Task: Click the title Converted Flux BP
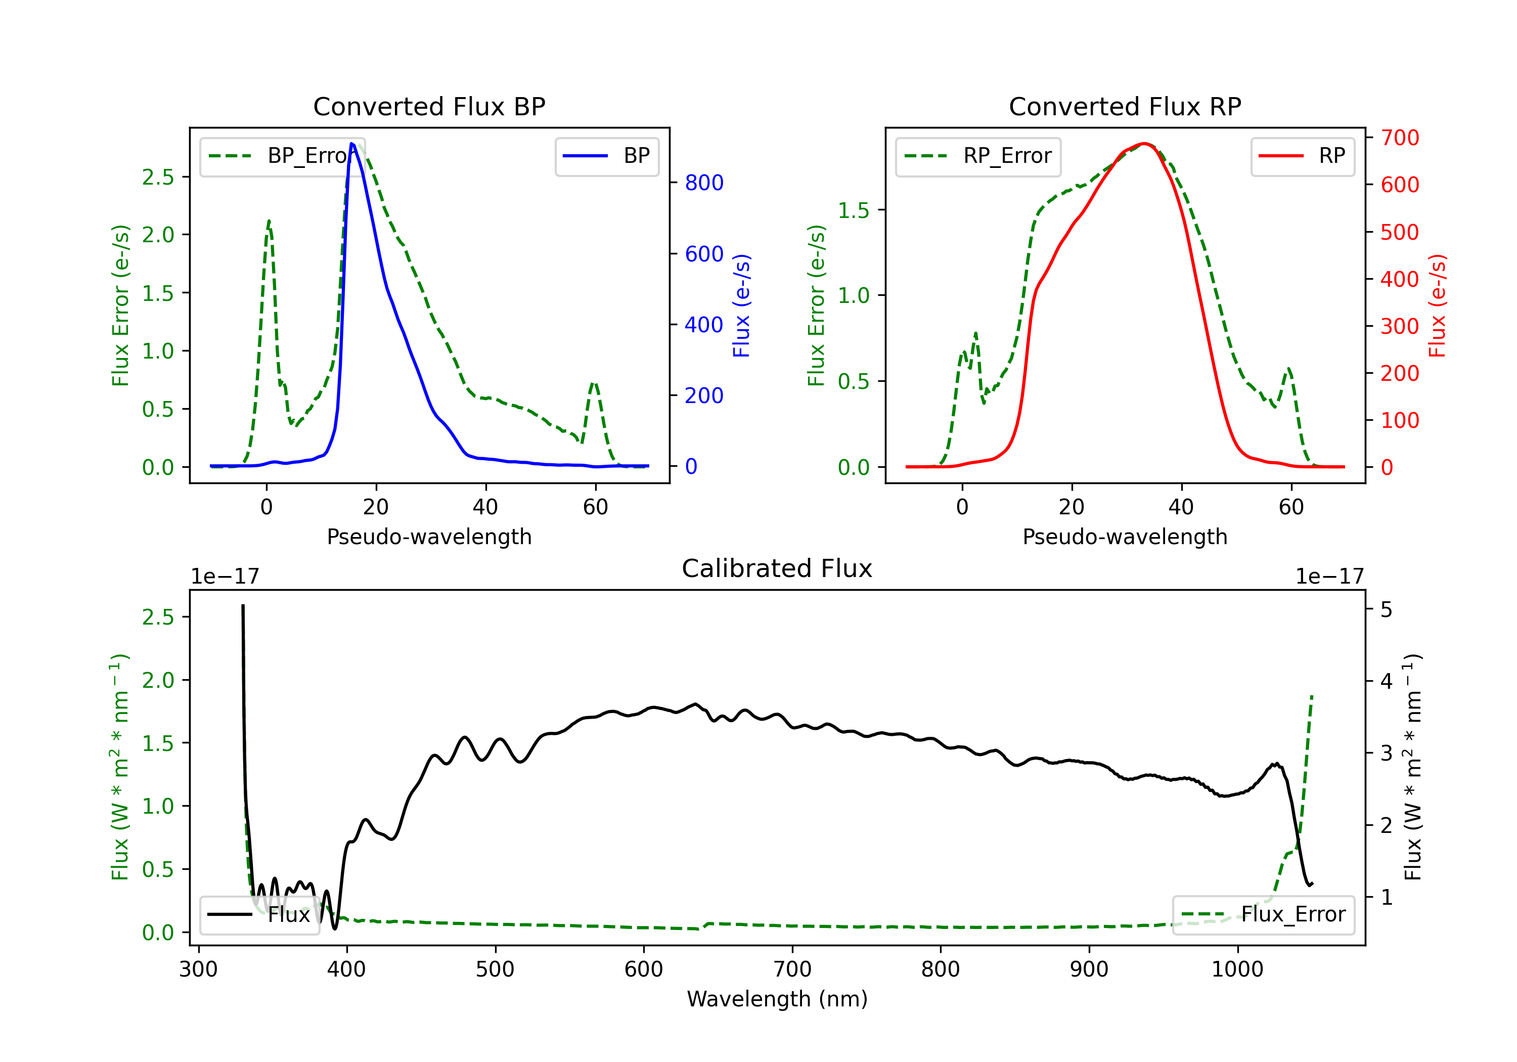pos(429,106)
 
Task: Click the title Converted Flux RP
pos(1125,106)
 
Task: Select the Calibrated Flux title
pos(777,568)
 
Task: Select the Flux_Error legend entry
pos(1263,915)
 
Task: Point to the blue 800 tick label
pos(704,183)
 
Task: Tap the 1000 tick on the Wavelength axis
pos(1237,969)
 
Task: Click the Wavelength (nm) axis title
pos(777,999)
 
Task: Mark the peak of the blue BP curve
pos(352,144)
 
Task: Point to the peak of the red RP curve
pos(1144,144)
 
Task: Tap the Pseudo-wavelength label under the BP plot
pos(429,537)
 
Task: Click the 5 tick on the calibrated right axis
pos(1386,609)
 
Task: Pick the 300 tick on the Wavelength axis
pos(198,969)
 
